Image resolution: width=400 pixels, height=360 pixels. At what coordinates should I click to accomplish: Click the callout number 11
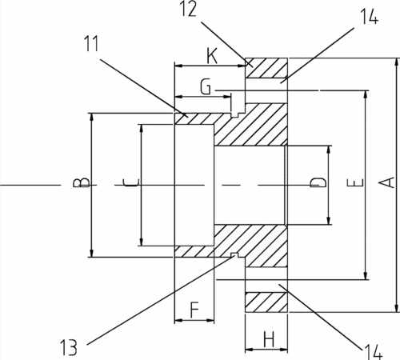click(91, 43)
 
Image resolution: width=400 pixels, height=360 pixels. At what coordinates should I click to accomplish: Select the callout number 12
click(189, 9)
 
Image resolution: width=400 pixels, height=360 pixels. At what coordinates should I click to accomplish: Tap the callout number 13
click(69, 347)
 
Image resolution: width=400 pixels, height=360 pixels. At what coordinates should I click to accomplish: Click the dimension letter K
click(212, 56)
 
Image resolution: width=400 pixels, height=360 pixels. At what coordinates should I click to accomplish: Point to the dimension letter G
click(206, 86)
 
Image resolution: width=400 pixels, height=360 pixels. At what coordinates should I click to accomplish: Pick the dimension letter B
click(81, 182)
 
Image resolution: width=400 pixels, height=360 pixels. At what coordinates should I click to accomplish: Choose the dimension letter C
click(131, 182)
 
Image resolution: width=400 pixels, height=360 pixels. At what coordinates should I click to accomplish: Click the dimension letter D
click(318, 182)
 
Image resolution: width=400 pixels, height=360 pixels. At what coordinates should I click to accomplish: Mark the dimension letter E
click(355, 183)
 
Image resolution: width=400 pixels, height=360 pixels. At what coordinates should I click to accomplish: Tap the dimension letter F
click(194, 310)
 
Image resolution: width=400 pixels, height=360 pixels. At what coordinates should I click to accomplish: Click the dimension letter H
click(269, 339)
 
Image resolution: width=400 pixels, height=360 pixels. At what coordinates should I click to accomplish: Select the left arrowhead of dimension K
click(178, 66)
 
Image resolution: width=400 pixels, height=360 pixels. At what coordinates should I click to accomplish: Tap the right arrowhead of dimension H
click(283, 349)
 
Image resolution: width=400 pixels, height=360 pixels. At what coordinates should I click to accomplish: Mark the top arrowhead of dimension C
click(142, 128)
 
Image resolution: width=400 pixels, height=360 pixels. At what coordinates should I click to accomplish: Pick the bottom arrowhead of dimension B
click(91, 253)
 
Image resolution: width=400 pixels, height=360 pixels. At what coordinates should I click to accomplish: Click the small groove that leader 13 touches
click(234, 254)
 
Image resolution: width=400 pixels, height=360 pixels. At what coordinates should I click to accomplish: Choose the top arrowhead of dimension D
click(329, 150)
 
